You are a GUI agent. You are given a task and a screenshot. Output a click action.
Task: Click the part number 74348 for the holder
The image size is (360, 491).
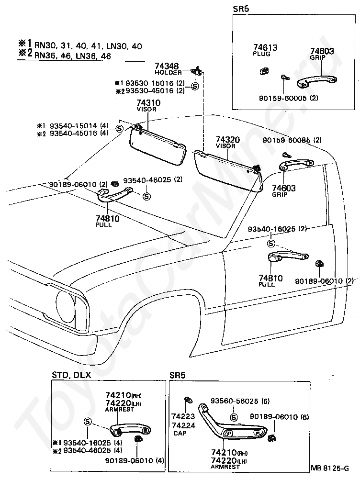167,66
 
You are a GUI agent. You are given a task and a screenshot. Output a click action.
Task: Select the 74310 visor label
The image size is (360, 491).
148,103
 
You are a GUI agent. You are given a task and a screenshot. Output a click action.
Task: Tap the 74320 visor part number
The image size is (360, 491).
228,140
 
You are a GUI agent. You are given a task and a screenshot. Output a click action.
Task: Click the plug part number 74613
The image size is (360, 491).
265,47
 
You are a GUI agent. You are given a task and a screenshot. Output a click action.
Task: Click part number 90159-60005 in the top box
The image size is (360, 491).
282,98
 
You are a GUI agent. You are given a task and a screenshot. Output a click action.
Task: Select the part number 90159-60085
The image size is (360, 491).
286,140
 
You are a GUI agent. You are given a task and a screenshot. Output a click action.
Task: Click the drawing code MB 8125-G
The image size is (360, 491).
330,468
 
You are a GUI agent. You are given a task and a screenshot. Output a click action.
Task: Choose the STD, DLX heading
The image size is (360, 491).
71,375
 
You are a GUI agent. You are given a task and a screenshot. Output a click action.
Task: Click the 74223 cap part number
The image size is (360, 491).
183,416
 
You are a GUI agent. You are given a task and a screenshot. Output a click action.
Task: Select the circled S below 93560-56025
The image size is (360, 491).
234,417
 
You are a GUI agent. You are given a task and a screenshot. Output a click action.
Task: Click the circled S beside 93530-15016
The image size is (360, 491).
194,86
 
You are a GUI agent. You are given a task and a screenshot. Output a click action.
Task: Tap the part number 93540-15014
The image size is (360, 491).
74,125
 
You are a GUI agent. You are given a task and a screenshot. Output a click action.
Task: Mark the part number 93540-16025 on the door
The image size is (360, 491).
271,229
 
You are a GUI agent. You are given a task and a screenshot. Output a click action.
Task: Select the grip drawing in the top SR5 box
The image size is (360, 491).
317,81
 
